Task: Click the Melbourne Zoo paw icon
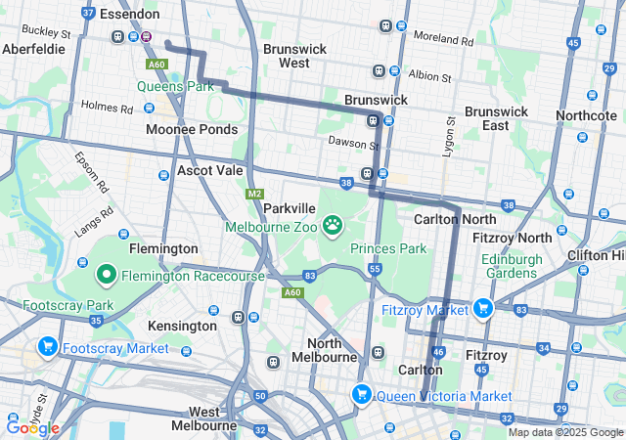click(334, 226)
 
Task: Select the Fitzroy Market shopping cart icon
click(481, 310)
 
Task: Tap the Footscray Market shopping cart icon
click(47, 347)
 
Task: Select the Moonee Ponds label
click(192, 129)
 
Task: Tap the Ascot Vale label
click(209, 170)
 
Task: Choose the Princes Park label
click(388, 248)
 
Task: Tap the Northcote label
click(586, 115)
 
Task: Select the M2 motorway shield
click(255, 194)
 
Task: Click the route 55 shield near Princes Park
click(375, 268)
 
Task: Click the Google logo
click(32, 427)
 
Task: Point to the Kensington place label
click(182, 325)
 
